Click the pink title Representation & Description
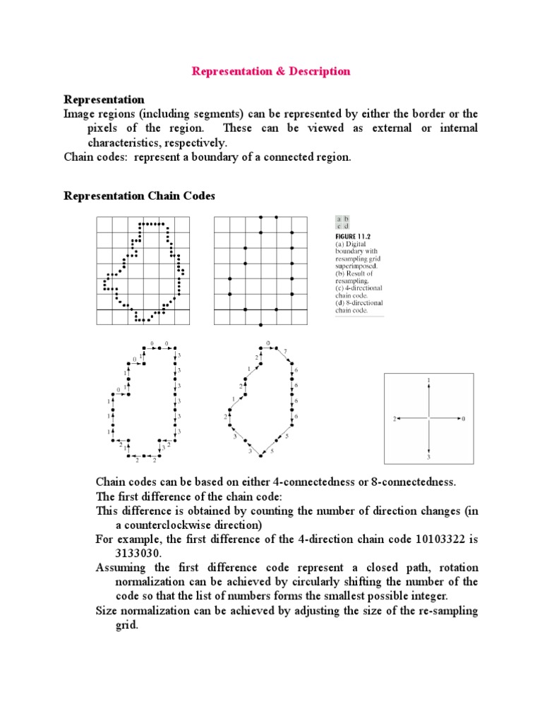click(271, 71)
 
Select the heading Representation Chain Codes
click(140, 196)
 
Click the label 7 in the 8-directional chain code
click(285, 350)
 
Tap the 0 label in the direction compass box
click(464, 419)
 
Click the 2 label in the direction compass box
click(395, 419)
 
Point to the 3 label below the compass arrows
click(428, 457)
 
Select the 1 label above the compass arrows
click(429, 380)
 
